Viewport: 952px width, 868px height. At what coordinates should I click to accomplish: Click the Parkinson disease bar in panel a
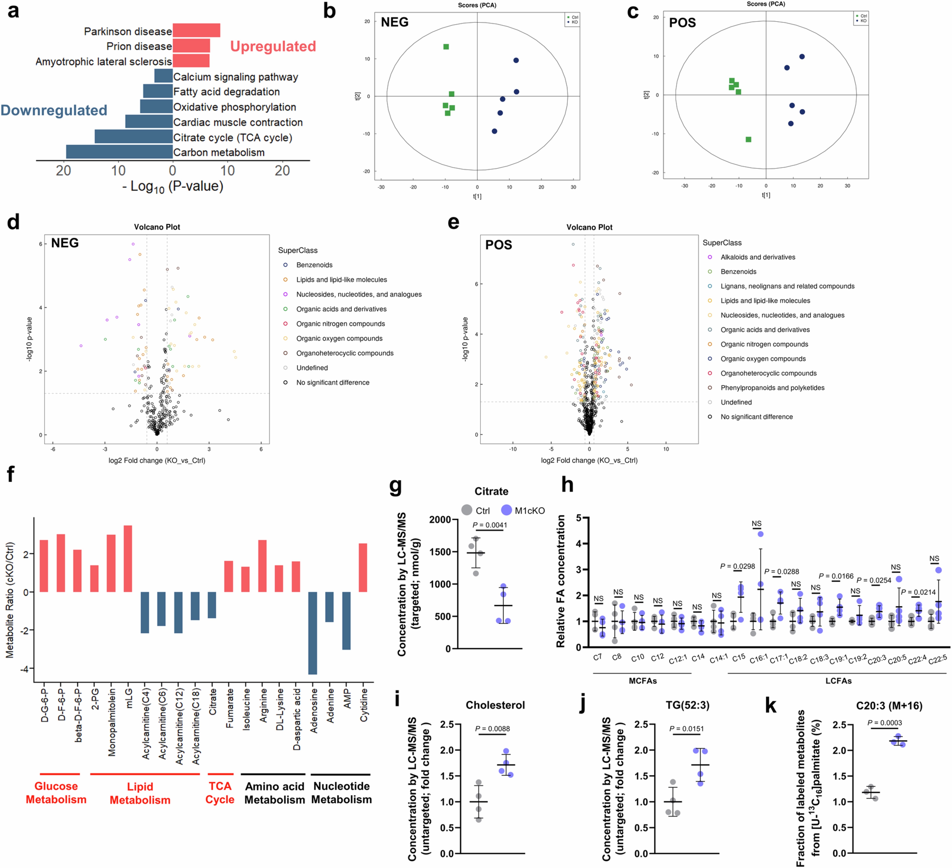point(196,30)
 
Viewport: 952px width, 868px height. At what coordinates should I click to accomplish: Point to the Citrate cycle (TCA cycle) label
point(232,138)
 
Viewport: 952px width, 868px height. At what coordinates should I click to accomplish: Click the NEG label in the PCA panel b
point(394,22)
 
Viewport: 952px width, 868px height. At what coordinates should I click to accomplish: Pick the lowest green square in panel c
point(748,139)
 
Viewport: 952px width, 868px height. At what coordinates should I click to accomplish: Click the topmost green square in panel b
point(446,47)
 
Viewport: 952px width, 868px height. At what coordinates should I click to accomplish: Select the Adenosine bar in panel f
point(313,633)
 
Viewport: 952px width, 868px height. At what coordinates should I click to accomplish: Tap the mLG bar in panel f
point(128,559)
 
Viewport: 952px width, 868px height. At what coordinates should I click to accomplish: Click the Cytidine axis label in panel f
point(364,705)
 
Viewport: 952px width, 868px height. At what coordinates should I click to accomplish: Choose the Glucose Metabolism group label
point(56,793)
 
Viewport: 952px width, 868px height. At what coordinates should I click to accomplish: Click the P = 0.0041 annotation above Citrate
point(490,525)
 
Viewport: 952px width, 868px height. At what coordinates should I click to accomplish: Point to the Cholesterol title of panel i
point(495,705)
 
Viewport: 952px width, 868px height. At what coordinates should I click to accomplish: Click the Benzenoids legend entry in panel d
point(314,265)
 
